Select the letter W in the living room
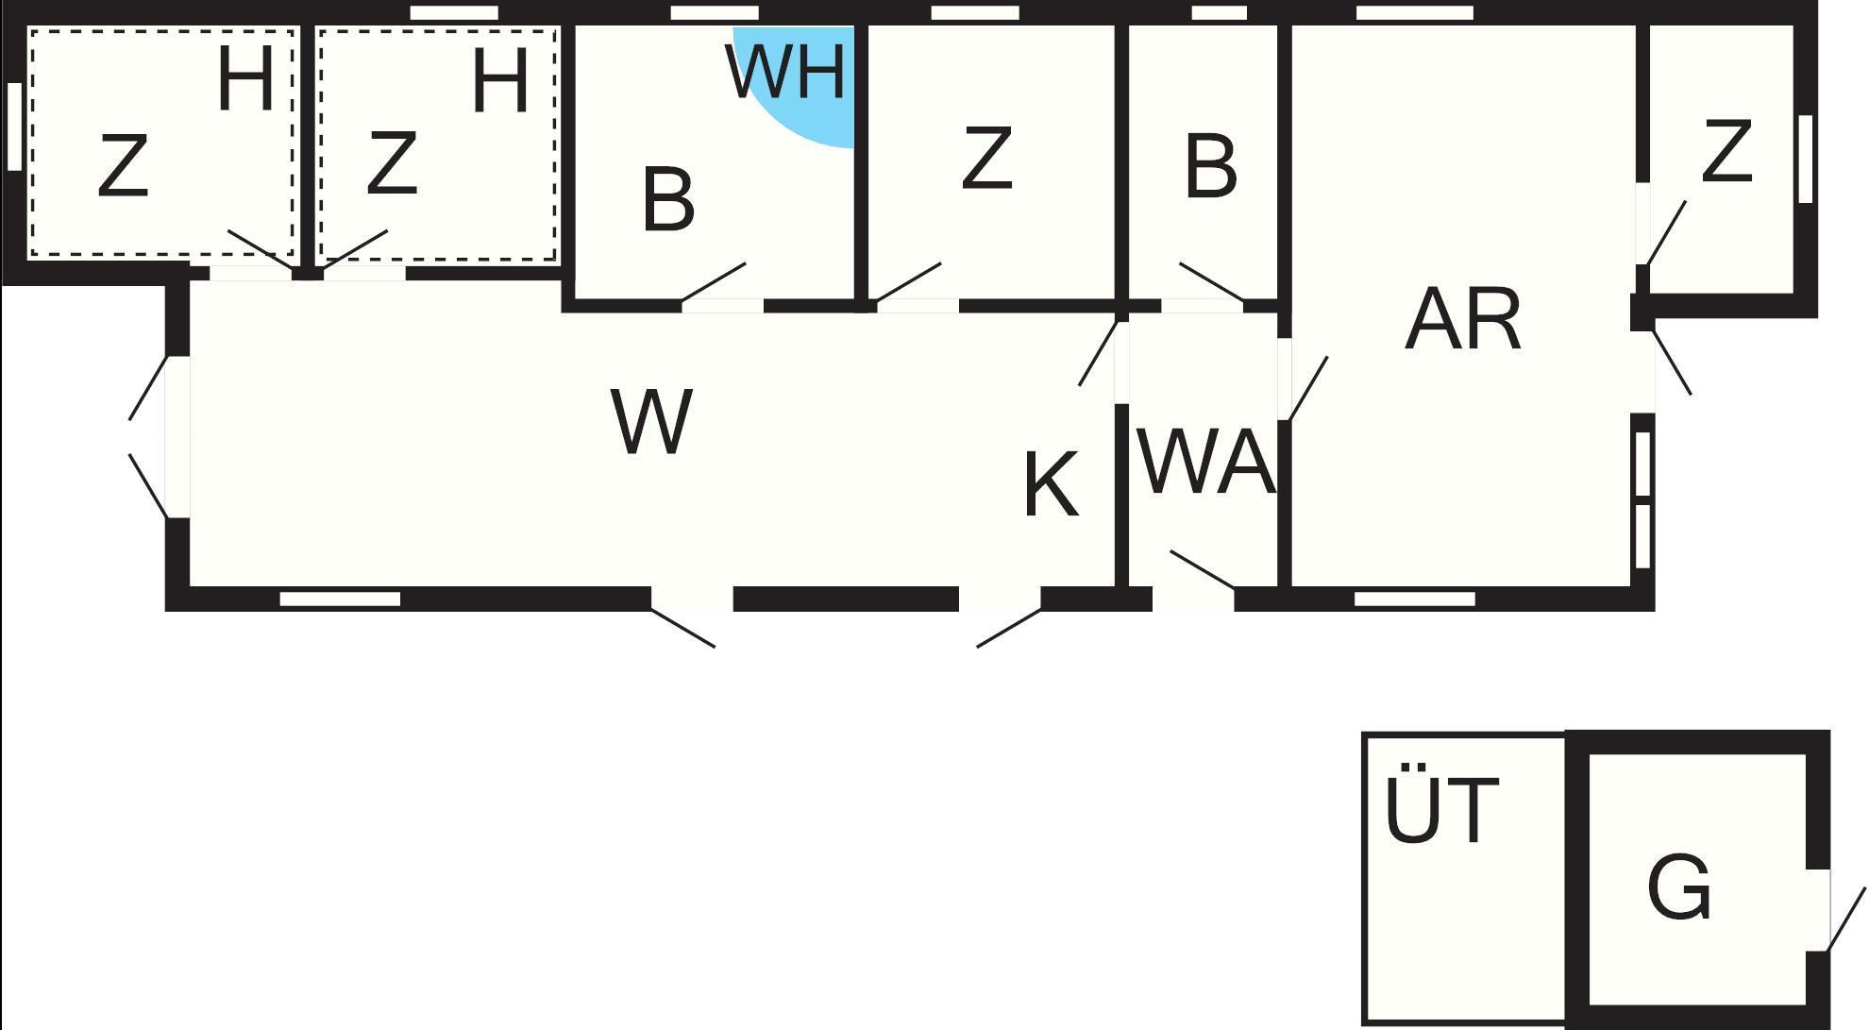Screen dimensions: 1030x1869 click(x=651, y=421)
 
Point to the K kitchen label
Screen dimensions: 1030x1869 click(x=1050, y=485)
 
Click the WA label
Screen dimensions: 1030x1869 click(x=1207, y=462)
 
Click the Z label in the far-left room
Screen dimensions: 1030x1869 click(x=124, y=167)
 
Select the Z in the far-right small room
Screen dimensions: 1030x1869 click(x=1726, y=151)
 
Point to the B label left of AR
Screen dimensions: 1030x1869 click(x=1210, y=167)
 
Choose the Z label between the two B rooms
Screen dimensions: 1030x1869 click(x=986, y=158)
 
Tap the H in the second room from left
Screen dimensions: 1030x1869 click(x=499, y=81)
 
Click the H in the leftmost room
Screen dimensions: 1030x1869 click(x=245, y=80)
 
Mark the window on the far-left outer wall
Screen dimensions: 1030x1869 click(x=14, y=127)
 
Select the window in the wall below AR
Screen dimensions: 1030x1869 click(x=1414, y=599)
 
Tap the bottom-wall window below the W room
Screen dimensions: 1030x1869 click(x=340, y=599)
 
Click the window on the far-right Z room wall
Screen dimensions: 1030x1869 click(x=1805, y=159)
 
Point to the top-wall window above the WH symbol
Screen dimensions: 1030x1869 click(x=714, y=13)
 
